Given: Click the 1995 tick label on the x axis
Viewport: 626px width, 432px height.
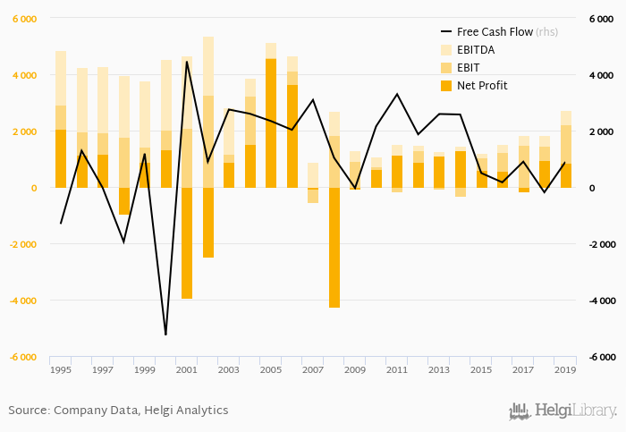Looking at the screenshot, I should pyautogui.click(x=61, y=369).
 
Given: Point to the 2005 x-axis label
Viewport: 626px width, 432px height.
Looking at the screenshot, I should pyautogui.click(x=271, y=369).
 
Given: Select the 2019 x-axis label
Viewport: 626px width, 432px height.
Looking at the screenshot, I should pyautogui.click(x=565, y=369).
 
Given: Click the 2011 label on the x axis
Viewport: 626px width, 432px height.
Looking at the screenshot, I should pyautogui.click(x=397, y=369).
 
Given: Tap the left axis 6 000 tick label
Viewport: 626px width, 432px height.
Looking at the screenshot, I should pyautogui.click(x=24, y=19).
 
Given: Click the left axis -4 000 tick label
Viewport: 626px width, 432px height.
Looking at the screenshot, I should pyautogui.click(x=22, y=301).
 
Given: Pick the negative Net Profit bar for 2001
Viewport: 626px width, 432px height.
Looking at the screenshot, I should pyautogui.click(x=187, y=243).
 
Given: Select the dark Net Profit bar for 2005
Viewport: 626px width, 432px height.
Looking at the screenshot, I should pyautogui.click(x=271, y=123).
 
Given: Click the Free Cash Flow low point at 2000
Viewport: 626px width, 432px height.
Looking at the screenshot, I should pyautogui.click(x=165, y=335).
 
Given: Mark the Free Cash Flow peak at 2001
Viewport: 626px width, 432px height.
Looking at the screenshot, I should pyautogui.click(x=187, y=62).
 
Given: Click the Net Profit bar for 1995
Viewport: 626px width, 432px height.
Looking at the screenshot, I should pyautogui.click(x=61, y=159).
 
